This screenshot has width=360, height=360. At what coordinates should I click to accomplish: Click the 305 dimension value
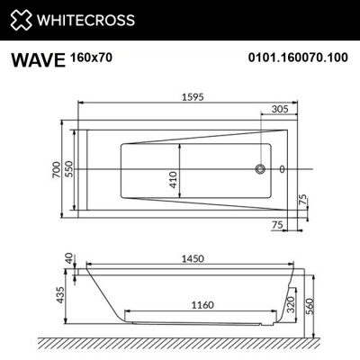tap(279, 107)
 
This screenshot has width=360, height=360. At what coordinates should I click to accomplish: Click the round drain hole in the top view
tap(262, 168)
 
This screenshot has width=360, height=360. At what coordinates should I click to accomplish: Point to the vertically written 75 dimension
tap(303, 199)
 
